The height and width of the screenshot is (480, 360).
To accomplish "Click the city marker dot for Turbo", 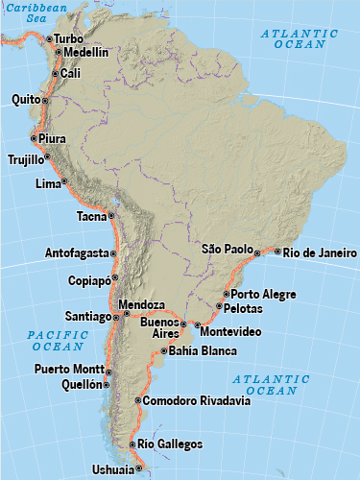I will pyautogui.click(x=49, y=38).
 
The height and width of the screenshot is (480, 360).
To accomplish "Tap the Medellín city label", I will pyautogui.click(x=86, y=52).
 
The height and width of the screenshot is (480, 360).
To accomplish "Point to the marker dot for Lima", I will pyautogui.click(x=64, y=181).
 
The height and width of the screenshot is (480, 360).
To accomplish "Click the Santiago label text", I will pyautogui.click(x=87, y=316).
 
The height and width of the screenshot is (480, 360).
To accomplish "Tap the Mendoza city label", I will pyautogui.click(x=143, y=305).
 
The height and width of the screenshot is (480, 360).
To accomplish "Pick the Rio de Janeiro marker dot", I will pyautogui.click(x=277, y=252).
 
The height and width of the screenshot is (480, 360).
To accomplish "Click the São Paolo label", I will pyautogui.click(x=226, y=249).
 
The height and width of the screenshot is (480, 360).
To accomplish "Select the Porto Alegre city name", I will pyautogui.click(x=263, y=294).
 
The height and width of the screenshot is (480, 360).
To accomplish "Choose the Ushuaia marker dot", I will pyautogui.click(x=138, y=468).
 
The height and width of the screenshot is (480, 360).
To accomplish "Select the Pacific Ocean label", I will pyautogui.click(x=58, y=340).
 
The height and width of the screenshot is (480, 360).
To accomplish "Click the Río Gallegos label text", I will pyautogui.click(x=170, y=444).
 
